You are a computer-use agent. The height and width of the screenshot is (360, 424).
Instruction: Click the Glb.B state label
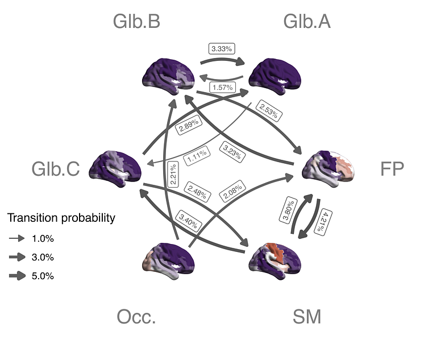point(136,22)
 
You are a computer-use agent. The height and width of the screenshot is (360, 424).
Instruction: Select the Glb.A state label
point(307,22)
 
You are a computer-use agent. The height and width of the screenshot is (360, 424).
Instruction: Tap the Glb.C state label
point(56,169)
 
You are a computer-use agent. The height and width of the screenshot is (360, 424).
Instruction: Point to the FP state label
point(392,169)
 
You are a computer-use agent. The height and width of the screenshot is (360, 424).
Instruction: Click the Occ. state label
point(136,317)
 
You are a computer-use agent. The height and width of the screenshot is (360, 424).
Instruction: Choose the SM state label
point(307,317)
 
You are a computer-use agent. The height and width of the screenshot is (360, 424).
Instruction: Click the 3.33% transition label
point(221,49)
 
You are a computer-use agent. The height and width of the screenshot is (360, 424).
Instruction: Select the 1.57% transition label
point(221,87)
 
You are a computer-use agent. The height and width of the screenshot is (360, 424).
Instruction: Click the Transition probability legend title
point(61,218)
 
